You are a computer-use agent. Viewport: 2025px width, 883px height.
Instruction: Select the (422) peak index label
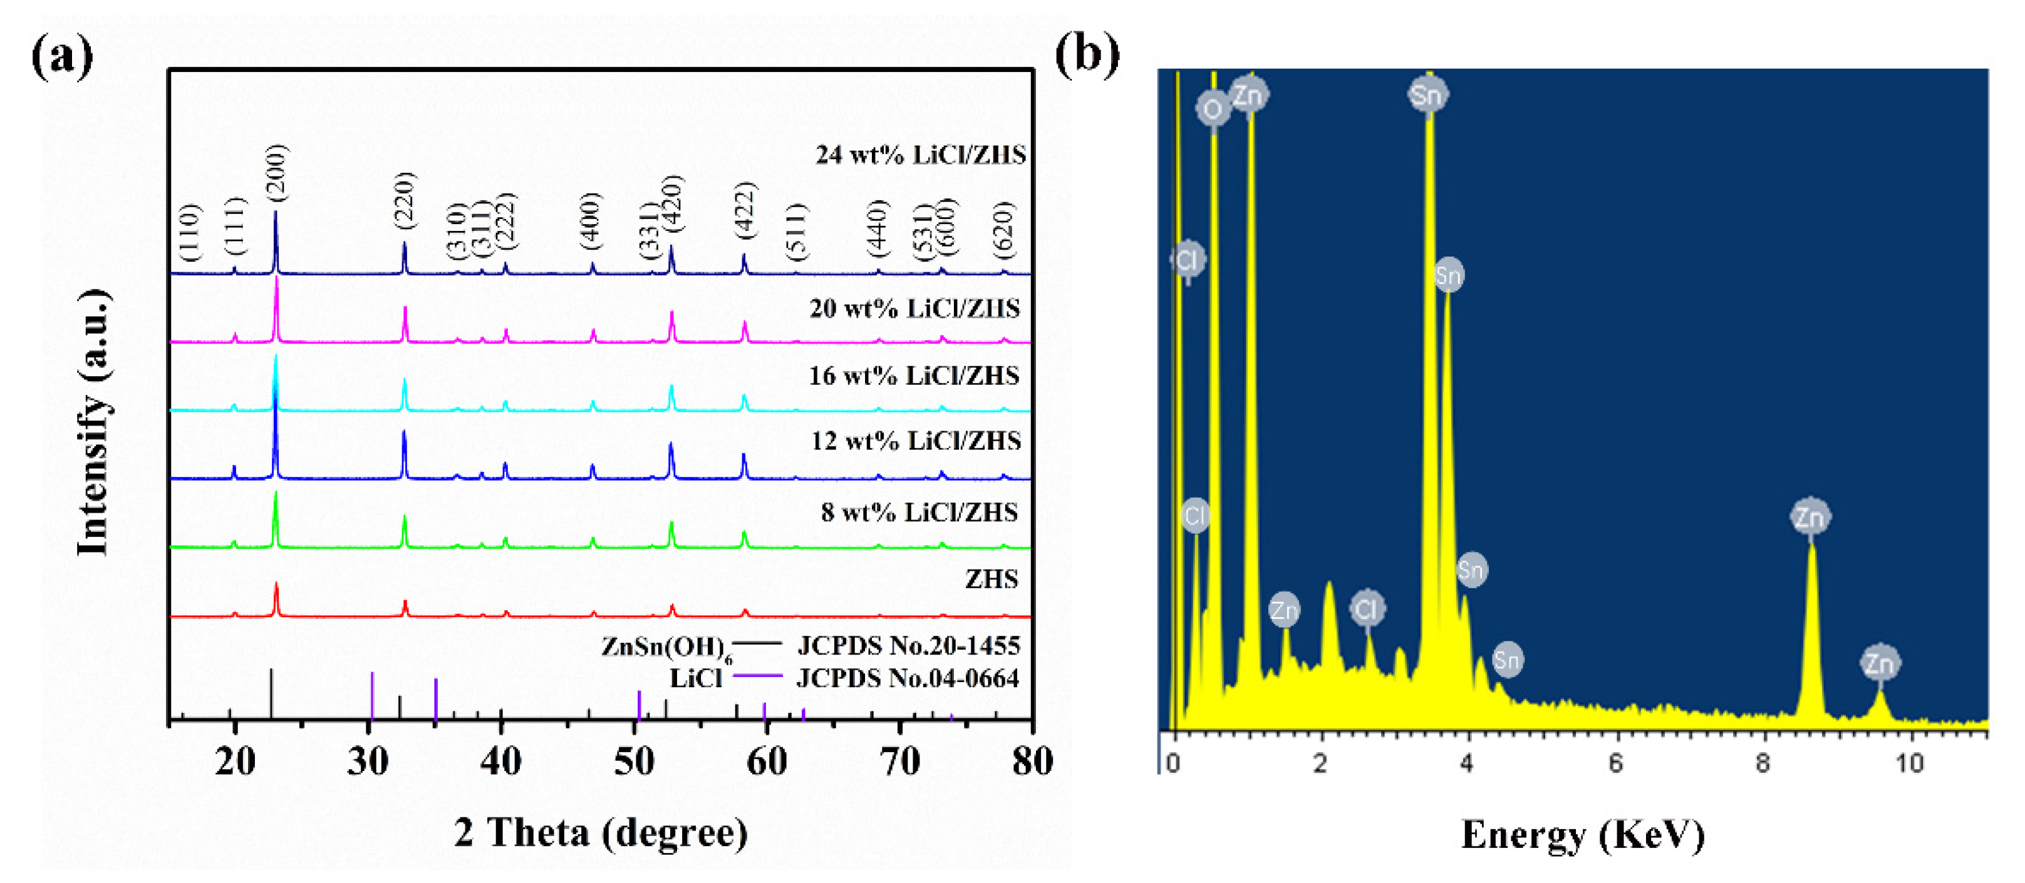[745, 210]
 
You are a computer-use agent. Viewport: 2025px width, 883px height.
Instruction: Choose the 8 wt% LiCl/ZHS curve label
[919, 512]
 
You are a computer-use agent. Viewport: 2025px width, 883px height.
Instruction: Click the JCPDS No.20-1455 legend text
[908, 646]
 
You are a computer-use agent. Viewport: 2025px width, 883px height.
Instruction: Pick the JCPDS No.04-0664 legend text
[908, 677]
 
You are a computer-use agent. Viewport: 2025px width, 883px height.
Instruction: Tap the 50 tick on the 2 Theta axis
[634, 760]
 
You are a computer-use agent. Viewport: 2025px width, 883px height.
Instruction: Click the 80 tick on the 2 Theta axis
[1032, 760]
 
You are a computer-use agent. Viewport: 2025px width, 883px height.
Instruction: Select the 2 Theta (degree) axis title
[601, 833]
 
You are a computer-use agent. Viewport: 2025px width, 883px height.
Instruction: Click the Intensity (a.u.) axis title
[93, 422]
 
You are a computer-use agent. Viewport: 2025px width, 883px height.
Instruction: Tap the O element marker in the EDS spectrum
[1212, 109]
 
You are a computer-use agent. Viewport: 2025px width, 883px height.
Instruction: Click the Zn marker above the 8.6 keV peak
[1810, 517]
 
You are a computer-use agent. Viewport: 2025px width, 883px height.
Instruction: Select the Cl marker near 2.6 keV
[1367, 609]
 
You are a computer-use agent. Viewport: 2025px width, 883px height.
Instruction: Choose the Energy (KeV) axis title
[1582, 834]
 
